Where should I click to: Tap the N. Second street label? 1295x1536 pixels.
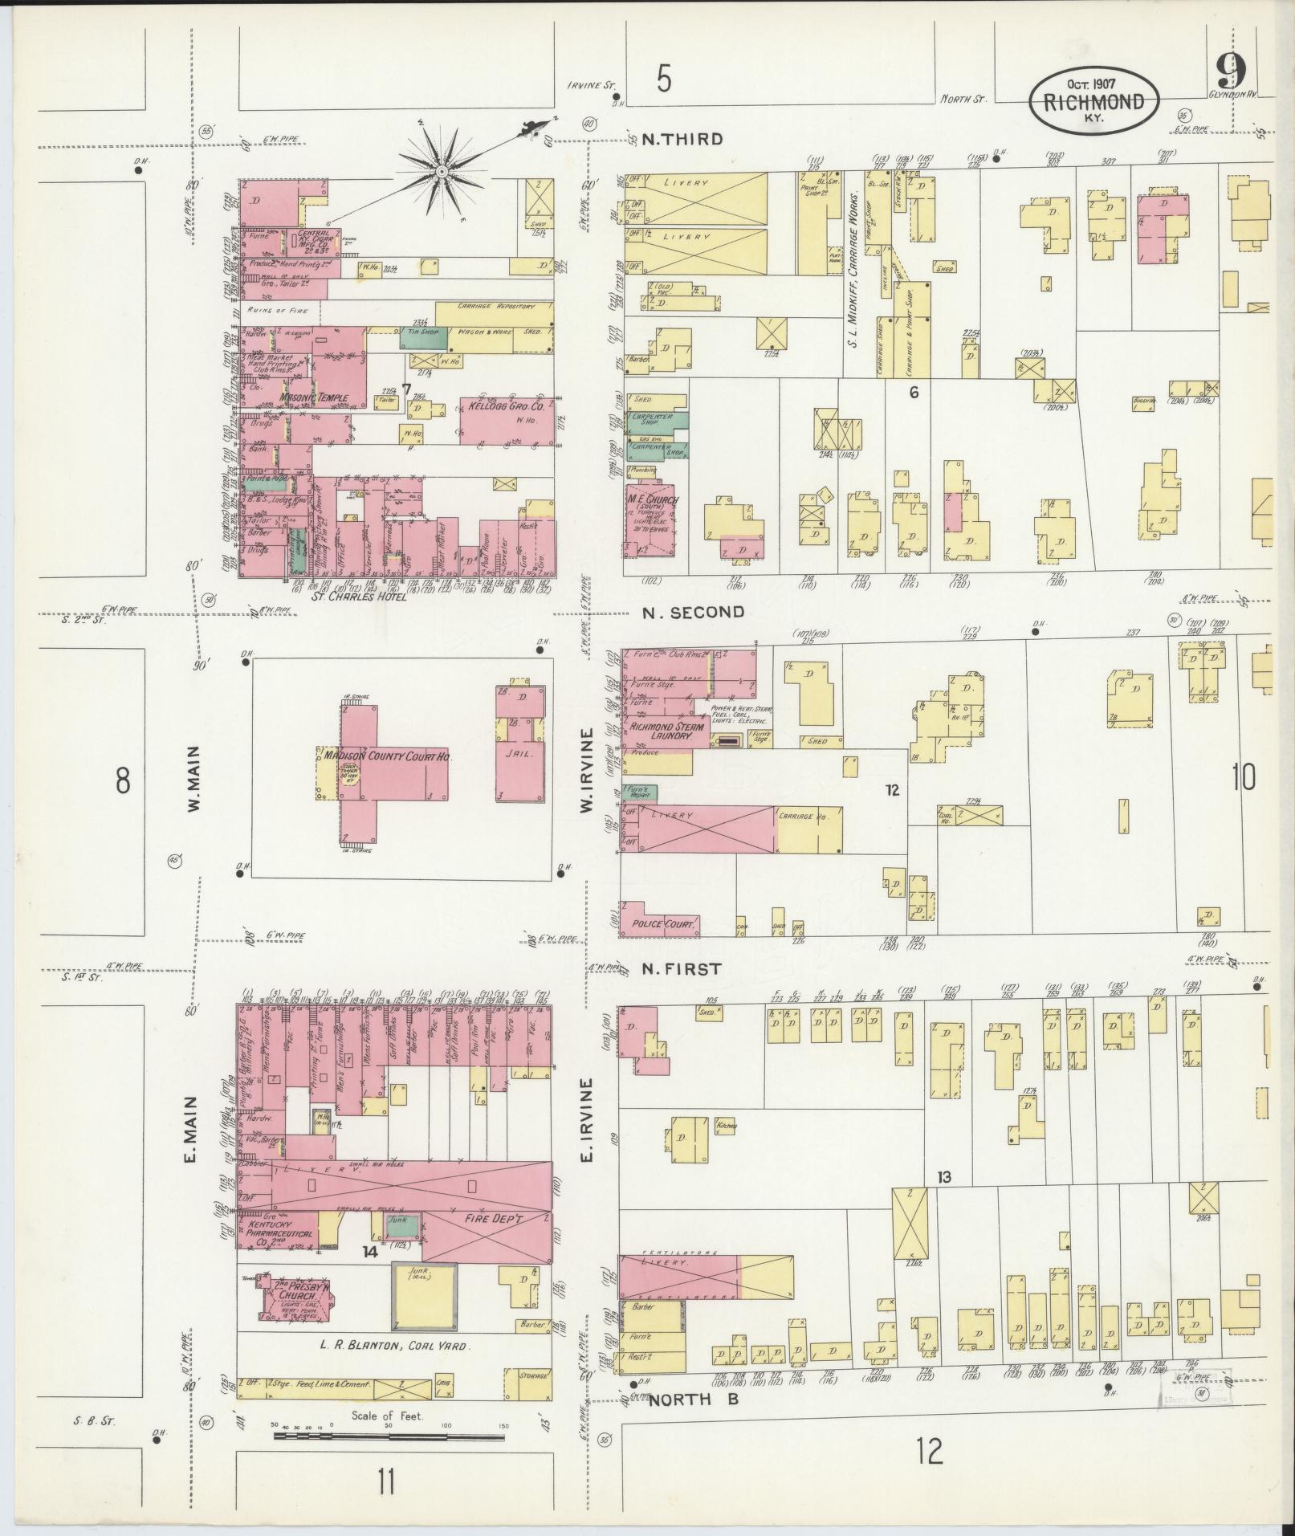pyautogui.click(x=694, y=612)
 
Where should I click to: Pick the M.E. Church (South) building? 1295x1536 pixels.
pyautogui.click(x=651, y=519)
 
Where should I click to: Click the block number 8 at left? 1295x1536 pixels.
pyautogui.click(x=122, y=780)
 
